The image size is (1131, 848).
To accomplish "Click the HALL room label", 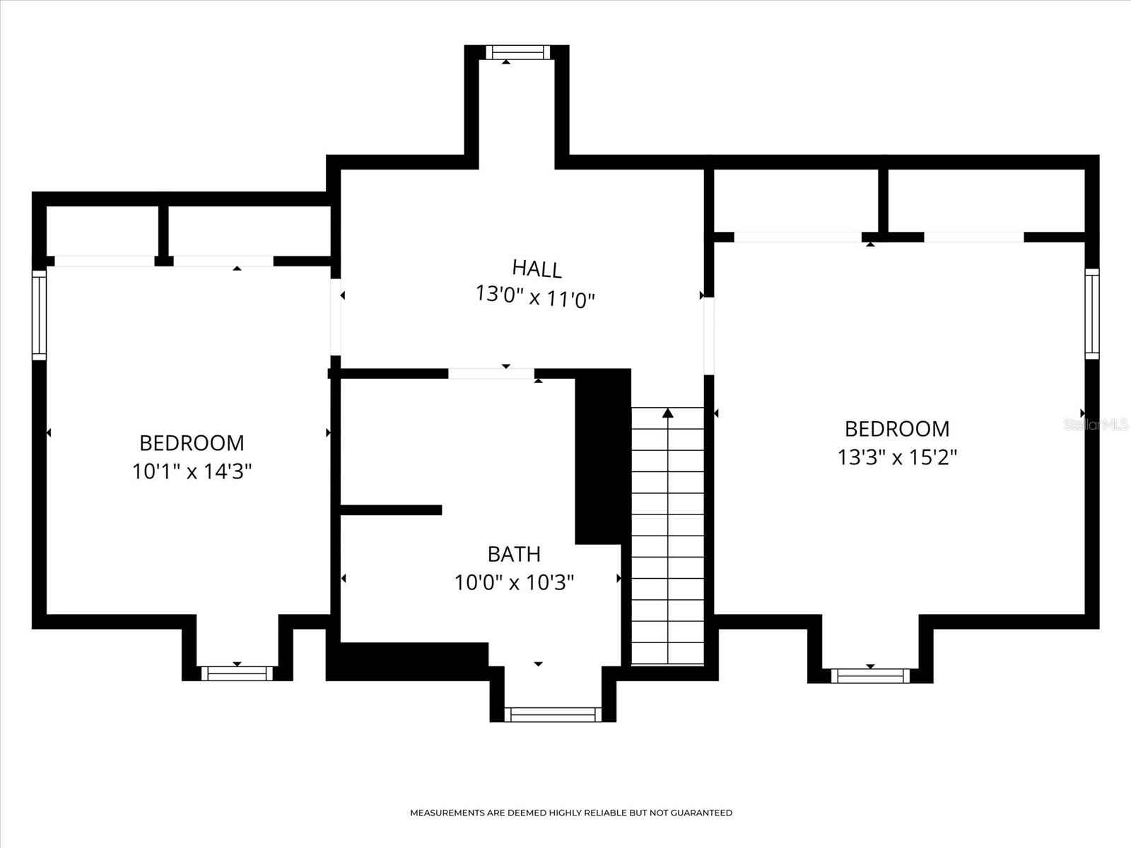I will (x=537, y=269).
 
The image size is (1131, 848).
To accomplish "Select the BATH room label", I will (x=514, y=553).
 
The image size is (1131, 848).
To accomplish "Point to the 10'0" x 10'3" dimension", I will (x=514, y=583).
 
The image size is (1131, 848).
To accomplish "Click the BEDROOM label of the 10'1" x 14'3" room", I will (x=192, y=443).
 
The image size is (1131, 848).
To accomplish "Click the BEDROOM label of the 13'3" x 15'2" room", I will (x=897, y=429).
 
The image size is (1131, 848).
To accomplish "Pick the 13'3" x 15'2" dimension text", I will (x=897, y=458).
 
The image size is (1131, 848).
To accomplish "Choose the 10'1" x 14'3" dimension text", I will (x=192, y=471).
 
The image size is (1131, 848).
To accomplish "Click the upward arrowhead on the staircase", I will (x=667, y=413).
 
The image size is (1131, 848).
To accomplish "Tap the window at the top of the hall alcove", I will (x=517, y=52).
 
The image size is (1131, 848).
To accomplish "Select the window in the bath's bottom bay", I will (x=553, y=714).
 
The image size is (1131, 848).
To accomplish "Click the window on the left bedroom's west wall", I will (x=39, y=314).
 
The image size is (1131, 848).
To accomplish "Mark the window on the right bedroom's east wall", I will (x=1092, y=313).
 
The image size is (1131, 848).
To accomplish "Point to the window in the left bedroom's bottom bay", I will (x=237, y=673).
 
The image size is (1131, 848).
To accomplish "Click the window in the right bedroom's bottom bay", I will (x=870, y=676).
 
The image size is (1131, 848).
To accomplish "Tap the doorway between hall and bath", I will (x=491, y=373).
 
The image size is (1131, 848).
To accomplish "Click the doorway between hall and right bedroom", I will (x=709, y=336).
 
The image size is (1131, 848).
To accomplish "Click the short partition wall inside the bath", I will (x=391, y=510).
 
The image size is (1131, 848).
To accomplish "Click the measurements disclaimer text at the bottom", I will (x=571, y=813).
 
